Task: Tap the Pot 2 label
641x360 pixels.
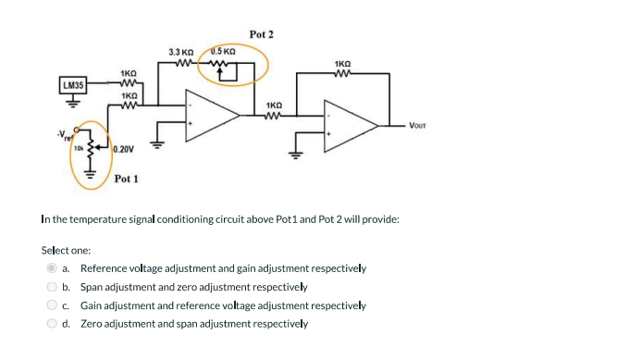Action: pyautogui.click(x=262, y=34)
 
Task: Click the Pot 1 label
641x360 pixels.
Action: pyautogui.click(x=127, y=179)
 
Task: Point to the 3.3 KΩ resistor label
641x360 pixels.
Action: pyautogui.click(x=180, y=53)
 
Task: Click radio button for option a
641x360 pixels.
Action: pyautogui.click(x=53, y=268)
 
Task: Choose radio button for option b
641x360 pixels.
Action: pyautogui.click(x=53, y=287)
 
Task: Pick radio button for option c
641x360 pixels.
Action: pyautogui.click(x=53, y=305)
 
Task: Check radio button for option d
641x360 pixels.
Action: pyautogui.click(x=53, y=324)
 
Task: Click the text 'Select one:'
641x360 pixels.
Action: pyautogui.click(x=66, y=250)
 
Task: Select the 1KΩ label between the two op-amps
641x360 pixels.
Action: pyautogui.click(x=275, y=106)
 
